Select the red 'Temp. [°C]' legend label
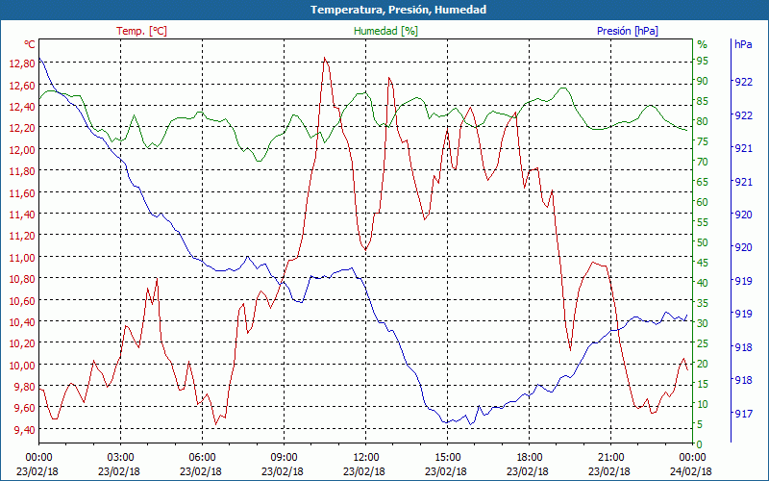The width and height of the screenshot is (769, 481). click(x=141, y=31)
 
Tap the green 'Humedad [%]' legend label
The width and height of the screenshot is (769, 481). click(x=385, y=31)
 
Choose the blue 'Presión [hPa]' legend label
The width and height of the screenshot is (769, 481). click(x=628, y=31)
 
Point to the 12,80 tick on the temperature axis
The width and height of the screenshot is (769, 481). click(x=20, y=63)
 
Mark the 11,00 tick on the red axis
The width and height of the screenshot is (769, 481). click(x=20, y=257)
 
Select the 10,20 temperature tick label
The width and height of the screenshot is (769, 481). click(x=20, y=343)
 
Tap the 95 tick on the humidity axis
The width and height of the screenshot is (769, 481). click(x=702, y=61)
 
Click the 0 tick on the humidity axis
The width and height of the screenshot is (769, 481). click(x=699, y=444)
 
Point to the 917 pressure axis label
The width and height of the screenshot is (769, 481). click(x=743, y=414)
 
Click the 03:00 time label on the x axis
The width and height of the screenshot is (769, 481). click(x=120, y=457)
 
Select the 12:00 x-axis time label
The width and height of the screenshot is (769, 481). click(x=365, y=457)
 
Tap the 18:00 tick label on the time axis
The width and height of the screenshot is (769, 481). click(x=529, y=457)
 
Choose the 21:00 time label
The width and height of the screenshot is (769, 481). click(x=610, y=457)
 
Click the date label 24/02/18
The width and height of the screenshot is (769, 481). click(x=690, y=470)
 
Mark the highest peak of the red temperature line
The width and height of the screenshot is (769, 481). click(x=325, y=58)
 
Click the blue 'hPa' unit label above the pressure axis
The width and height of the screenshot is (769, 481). click(x=743, y=44)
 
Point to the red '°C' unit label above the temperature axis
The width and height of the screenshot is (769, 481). click(x=30, y=44)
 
